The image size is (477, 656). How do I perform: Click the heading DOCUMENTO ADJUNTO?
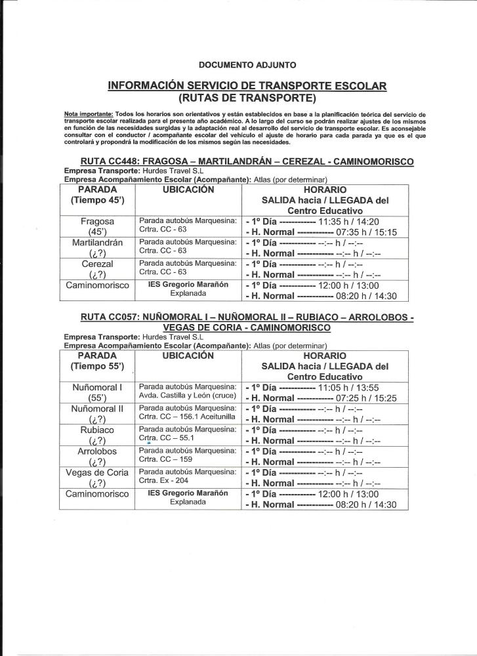click(x=247, y=65)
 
